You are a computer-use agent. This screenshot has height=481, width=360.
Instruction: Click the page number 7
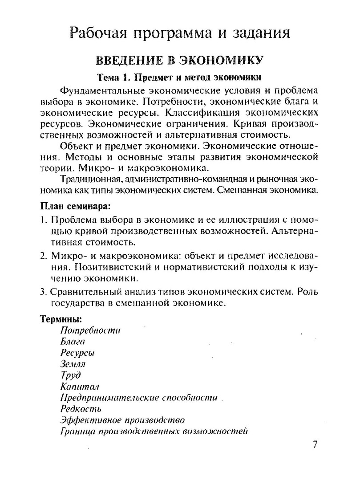click(x=315, y=445)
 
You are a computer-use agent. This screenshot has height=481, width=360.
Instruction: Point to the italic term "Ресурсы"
click(x=77, y=353)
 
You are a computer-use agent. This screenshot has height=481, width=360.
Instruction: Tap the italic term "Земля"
click(x=72, y=364)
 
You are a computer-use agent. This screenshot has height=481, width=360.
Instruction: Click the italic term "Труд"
click(x=70, y=375)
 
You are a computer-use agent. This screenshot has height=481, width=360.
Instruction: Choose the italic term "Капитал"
click(x=79, y=387)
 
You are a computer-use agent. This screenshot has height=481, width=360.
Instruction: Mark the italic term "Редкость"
click(x=81, y=409)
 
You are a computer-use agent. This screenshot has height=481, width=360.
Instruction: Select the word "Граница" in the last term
click(x=77, y=431)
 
